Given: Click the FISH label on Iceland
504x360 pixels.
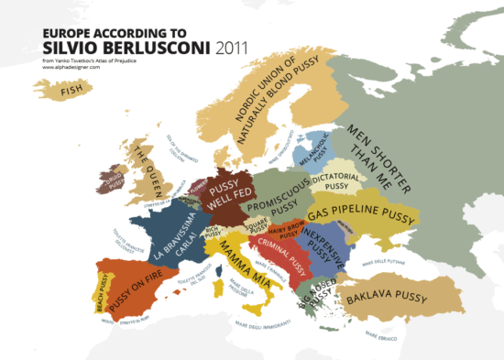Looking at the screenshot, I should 69,91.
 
